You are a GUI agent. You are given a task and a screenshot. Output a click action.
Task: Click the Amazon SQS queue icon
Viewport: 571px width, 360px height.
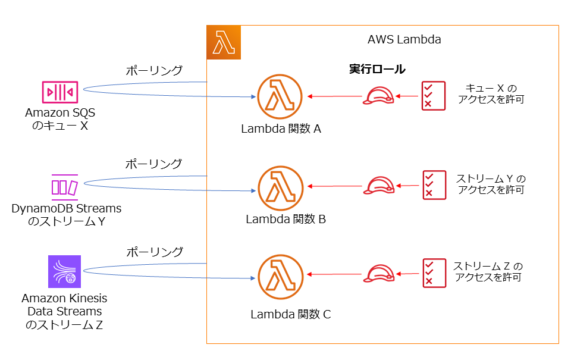(59, 92)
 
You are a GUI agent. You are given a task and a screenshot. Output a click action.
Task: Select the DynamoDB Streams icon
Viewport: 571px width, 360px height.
(64, 186)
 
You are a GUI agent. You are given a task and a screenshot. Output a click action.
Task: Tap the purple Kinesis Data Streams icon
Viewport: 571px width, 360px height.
(64, 272)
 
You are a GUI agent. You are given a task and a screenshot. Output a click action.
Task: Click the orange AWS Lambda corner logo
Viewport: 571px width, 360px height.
(224, 43)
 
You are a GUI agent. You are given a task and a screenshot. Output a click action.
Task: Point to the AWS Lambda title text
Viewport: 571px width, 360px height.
(404, 40)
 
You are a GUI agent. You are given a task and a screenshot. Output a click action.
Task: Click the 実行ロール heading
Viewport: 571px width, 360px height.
(377, 70)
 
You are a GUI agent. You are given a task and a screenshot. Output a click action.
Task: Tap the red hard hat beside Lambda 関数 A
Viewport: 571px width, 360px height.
(379, 96)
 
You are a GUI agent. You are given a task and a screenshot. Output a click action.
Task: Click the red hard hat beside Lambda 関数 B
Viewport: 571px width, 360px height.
(379, 186)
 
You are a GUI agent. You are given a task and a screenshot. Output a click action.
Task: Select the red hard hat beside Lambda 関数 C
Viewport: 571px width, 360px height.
(379, 274)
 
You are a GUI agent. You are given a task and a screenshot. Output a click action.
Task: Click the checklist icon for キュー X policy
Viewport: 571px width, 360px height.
(433, 96)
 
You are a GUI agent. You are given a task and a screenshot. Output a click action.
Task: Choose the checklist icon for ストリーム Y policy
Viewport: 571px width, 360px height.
(434, 185)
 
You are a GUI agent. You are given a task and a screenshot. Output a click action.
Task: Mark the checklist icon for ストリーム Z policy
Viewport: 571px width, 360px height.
(434, 274)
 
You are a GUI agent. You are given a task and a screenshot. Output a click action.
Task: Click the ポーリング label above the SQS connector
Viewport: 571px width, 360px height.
(154, 71)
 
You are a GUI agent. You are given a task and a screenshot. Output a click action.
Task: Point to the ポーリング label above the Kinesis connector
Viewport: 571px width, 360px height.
(154, 252)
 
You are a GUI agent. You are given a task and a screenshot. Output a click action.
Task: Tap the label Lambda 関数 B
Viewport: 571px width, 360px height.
(285, 219)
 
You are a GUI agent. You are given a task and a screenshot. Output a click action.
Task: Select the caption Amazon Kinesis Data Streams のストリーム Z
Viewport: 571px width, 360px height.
(64, 312)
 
